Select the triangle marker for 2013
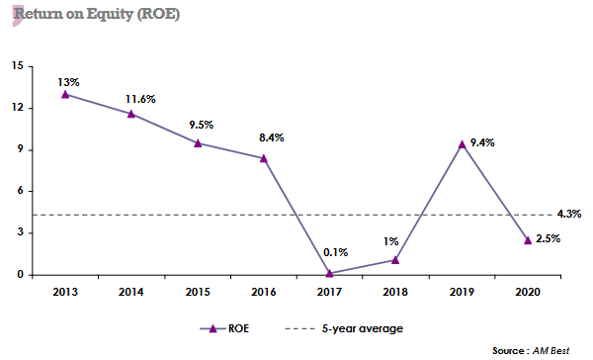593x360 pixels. tap(65, 94)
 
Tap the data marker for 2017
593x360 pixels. tap(329, 273)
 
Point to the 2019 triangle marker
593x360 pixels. tap(461, 144)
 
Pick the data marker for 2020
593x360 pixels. tap(527, 239)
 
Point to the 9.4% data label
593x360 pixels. tap(481, 142)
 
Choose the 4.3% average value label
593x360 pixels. tap(569, 214)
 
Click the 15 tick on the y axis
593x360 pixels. tap(18, 66)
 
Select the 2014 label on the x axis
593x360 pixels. tap(130, 292)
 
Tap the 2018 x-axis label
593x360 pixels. tap(394, 292)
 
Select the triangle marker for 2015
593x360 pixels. tap(197, 142)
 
